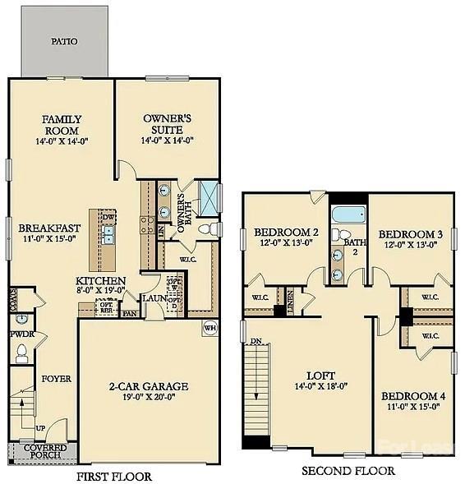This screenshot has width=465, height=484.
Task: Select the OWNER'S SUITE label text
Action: tap(167, 124)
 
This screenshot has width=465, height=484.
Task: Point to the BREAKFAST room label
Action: tap(49, 228)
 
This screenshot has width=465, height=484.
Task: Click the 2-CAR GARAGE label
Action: tap(150, 385)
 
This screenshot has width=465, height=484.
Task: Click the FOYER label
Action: tap(57, 379)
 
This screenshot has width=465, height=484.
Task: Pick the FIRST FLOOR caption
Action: tap(113, 476)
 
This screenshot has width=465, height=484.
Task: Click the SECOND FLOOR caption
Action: tap(348, 471)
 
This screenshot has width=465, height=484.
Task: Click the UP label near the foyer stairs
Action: tap(40, 429)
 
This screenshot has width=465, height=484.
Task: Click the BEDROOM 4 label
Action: tap(413, 396)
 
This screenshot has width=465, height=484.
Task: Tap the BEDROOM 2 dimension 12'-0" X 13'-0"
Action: tap(285, 243)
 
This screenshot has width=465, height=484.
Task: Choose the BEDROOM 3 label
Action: tap(411, 233)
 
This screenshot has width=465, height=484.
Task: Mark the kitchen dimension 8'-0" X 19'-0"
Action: tap(100, 289)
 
